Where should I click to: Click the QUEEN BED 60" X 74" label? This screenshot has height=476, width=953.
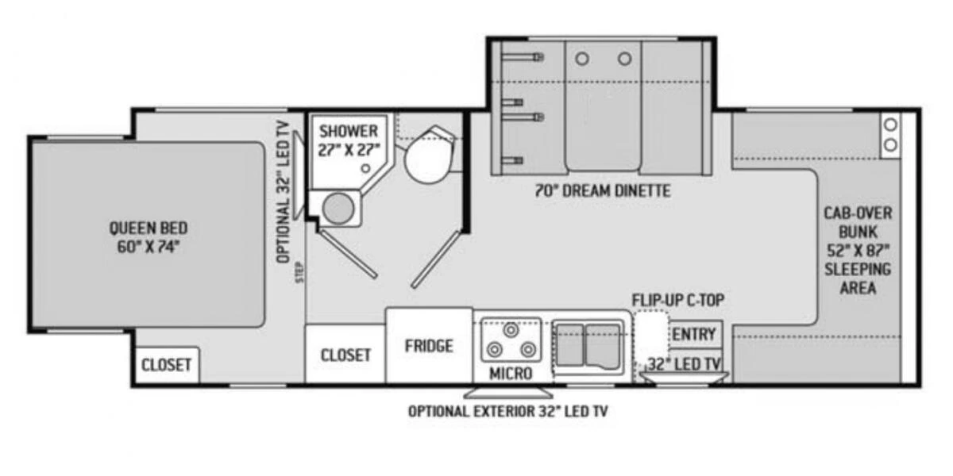149,236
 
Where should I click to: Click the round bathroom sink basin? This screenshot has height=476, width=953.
339,209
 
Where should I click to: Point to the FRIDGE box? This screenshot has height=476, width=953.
429,346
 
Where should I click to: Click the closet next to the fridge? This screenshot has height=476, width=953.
345,355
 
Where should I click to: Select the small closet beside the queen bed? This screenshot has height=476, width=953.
166,365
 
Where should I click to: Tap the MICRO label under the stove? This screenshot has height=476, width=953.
511,373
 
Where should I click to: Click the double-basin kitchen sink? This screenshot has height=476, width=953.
588,344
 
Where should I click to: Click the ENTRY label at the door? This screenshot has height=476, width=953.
694,335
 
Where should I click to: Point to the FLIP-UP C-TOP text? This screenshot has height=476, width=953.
677,301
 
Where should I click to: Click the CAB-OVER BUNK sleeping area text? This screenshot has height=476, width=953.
858,250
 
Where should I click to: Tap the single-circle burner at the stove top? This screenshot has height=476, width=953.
510,328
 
